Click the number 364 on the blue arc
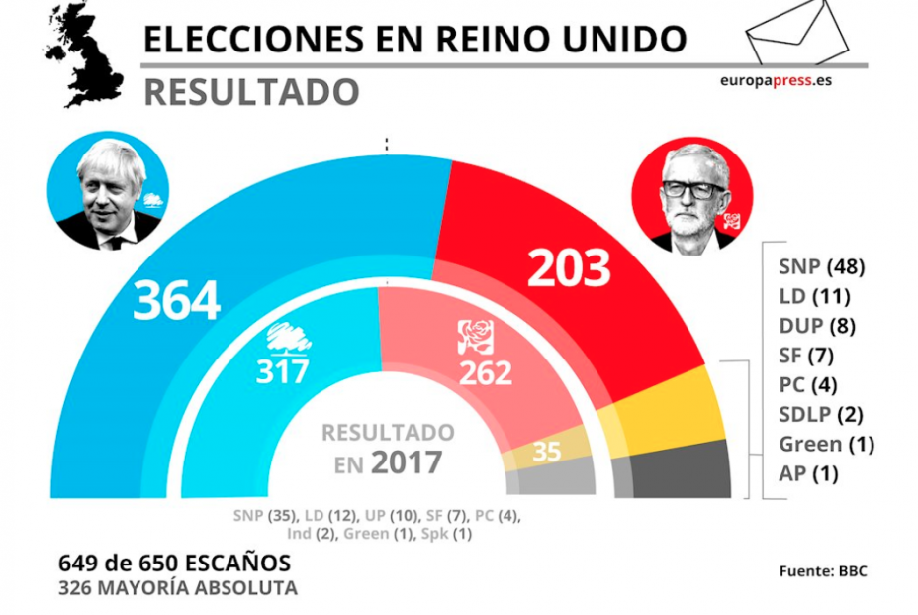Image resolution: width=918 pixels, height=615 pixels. (x=177, y=300)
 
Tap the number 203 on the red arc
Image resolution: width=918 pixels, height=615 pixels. (x=570, y=267)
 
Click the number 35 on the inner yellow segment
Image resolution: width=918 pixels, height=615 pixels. (x=546, y=452)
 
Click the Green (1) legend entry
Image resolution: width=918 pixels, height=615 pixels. (x=826, y=444)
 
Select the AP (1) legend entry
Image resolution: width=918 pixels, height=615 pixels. (x=808, y=473)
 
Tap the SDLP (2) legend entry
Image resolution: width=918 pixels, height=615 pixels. (x=820, y=414)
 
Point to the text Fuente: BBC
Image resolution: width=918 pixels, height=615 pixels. (x=823, y=571)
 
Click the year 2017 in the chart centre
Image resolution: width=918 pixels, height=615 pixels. (x=406, y=462)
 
